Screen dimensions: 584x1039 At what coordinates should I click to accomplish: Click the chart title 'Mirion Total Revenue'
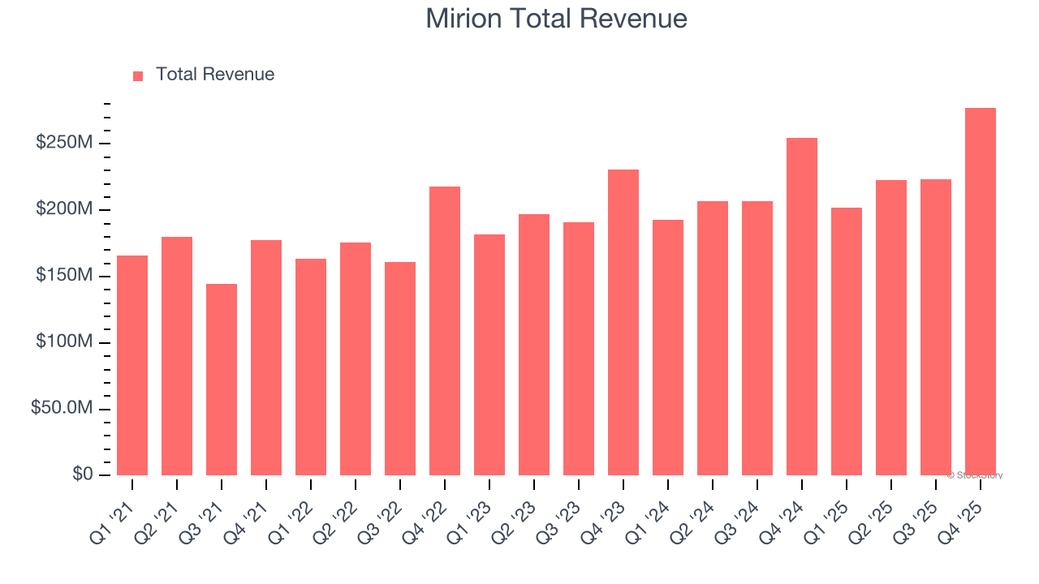556,19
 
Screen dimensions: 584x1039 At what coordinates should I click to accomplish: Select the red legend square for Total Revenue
138,75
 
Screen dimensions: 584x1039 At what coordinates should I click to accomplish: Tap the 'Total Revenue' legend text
214,75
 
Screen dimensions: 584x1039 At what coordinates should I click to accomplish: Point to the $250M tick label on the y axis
63,144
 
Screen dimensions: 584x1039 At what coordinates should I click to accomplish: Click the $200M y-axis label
63,210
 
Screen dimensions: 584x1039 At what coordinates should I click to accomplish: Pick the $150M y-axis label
63,277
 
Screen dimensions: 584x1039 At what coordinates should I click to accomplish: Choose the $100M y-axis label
63,342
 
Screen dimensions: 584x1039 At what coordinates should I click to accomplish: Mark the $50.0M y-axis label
61,409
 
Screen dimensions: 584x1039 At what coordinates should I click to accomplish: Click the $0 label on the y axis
82,474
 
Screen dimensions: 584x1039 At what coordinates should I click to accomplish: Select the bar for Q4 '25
980,292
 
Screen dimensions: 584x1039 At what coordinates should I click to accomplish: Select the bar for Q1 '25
847,341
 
